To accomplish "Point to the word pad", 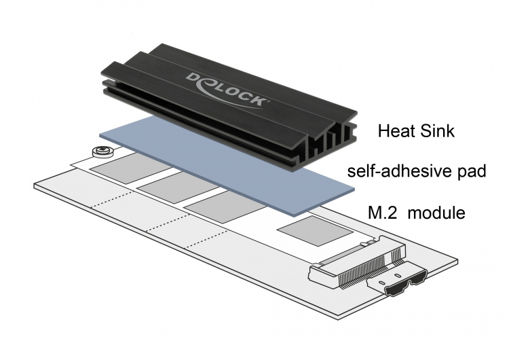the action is pyautogui.click(x=471, y=173).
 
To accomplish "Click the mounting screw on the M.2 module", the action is pyautogui.click(x=102, y=151).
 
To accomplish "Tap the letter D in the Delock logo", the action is pyautogui.click(x=193, y=78).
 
